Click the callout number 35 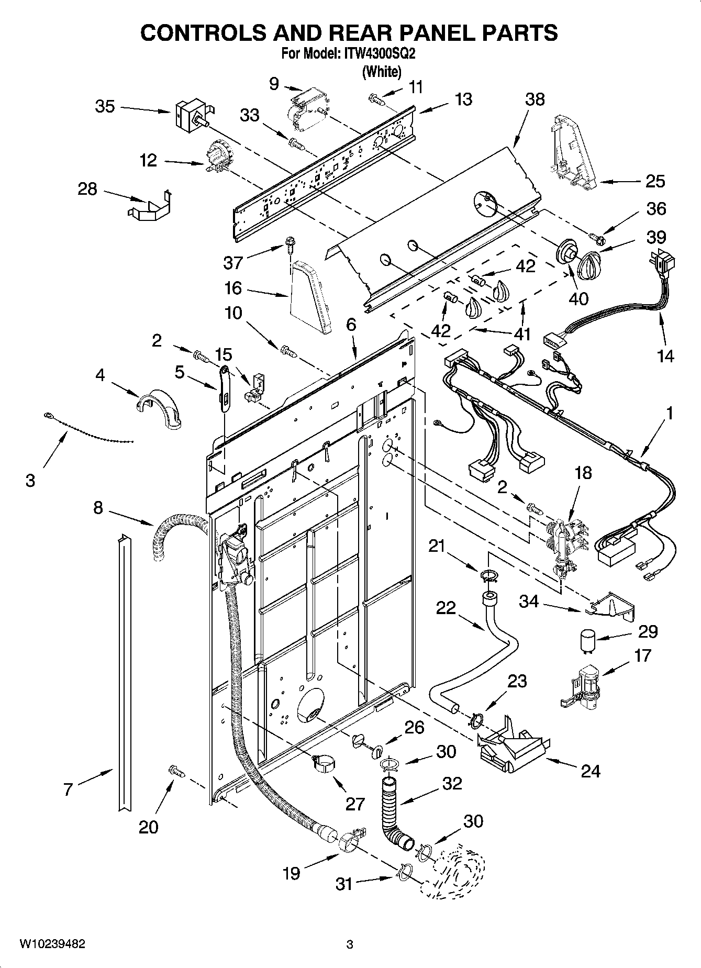(105, 106)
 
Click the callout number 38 (535, 99)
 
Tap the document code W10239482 (52, 944)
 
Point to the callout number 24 (590, 771)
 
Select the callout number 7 (68, 789)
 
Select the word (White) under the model (382, 72)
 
